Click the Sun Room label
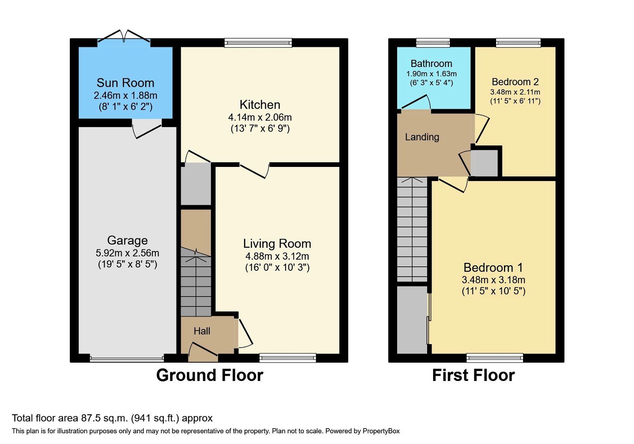(125, 83)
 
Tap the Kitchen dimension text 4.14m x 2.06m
(260, 117)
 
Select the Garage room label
(127, 241)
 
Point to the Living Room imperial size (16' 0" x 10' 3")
(277, 268)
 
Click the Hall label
(202, 331)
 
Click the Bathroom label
(431, 63)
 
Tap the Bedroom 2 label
(515, 82)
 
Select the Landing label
(422, 137)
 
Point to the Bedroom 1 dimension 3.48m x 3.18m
(493, 280)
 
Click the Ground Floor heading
(210, 375)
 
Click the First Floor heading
(473, 375)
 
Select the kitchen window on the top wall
(258, 42)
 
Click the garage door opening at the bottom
(127, 359)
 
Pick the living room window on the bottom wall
(288, 358)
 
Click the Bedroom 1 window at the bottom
(495, 358)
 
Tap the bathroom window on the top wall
(433, 42)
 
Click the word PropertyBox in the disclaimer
(381, 431)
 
